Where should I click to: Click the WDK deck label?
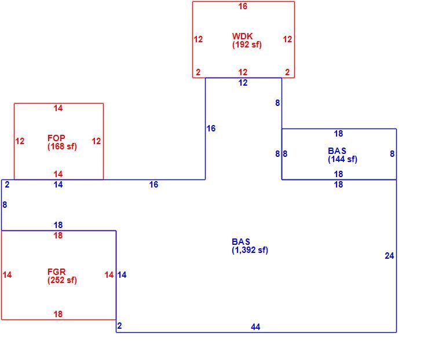[x=242, y=36]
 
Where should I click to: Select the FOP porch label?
[x=56, y=138]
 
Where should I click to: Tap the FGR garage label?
[x=57, y=271]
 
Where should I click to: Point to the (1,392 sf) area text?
[x=250, y=250]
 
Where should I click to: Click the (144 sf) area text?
[x=342, y=160]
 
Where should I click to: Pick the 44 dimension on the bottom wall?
[x=255, y=327]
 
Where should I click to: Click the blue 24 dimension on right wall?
[x=389, y=256]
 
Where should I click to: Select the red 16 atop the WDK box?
[x=243, y=6]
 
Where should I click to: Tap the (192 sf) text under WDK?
[x=247, y=45]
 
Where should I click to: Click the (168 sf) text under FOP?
[x=62, y=147]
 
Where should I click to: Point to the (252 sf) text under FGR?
[x=62, y=280]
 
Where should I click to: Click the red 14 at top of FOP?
[x=58, y=108]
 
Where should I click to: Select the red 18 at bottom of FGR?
[x=58, y=314]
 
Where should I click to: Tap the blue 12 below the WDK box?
[x=243, y=83]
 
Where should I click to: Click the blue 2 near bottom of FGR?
[x=119, y=326]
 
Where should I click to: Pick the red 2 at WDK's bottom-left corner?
[x=198, y=72]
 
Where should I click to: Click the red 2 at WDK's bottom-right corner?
[x=287, y=72]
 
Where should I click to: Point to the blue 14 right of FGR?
[x=122, y=275]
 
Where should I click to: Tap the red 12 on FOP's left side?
[x=20, y=141]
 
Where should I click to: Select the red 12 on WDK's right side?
[x=287, y=39]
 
